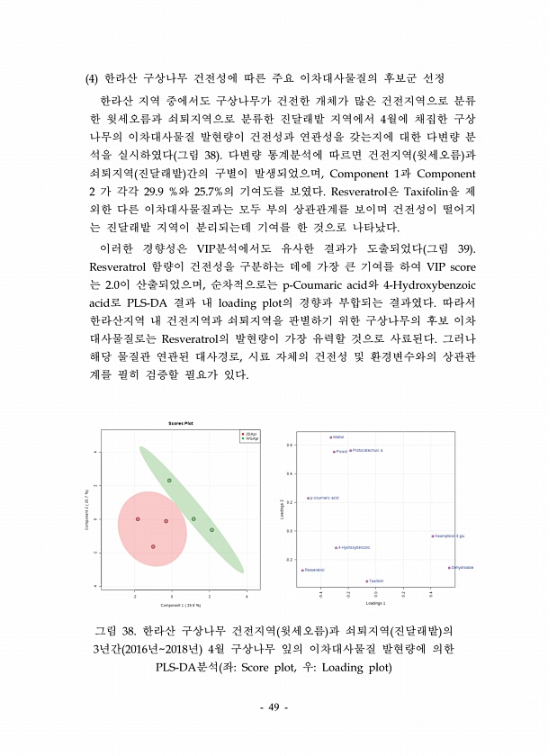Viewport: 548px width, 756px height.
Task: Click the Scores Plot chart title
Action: click(x=181, y=423)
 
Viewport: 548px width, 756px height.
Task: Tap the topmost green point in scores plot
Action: click(x=169, y=481)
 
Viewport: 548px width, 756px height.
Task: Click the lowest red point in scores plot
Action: click(x=153, y=546)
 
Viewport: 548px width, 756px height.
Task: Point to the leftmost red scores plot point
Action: click(x=138, y=519)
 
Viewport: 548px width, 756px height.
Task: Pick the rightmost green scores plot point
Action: click(x=211, y=530)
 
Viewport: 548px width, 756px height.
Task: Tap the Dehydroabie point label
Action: click(x=463, y=568)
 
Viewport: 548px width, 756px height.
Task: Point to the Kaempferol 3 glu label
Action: click(x=449, y=535)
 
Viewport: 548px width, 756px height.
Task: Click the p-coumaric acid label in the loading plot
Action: click(x=324, y=498)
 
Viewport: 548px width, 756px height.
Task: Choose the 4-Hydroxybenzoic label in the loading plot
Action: click(x=354, y=547)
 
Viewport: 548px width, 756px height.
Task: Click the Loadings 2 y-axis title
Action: click(x=283, y=509)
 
